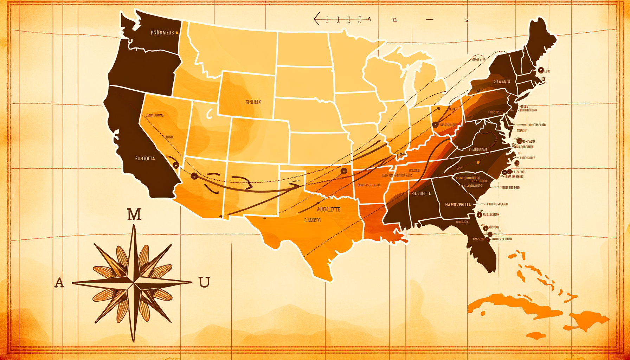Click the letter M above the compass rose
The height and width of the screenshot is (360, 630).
[x=134, y=214]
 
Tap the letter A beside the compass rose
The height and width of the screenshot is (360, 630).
[x=59, y=282]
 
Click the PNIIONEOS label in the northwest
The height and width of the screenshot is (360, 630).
[x=162, y=33]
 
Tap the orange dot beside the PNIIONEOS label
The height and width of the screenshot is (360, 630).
[x=176, y=33]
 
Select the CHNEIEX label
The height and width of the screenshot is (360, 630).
[x=253, y=102]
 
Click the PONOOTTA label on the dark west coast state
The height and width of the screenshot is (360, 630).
[x=145, y=159]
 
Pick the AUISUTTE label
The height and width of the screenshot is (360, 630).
[x=328, y=209]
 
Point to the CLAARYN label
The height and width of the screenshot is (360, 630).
[x=313, y=220]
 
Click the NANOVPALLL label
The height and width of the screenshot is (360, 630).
[x=458, y=205]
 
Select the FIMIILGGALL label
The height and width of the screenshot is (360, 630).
[x=478, y=150]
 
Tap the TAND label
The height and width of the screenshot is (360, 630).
[x=169, y=137]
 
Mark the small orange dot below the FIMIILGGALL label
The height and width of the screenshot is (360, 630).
[x=478, y=162]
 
